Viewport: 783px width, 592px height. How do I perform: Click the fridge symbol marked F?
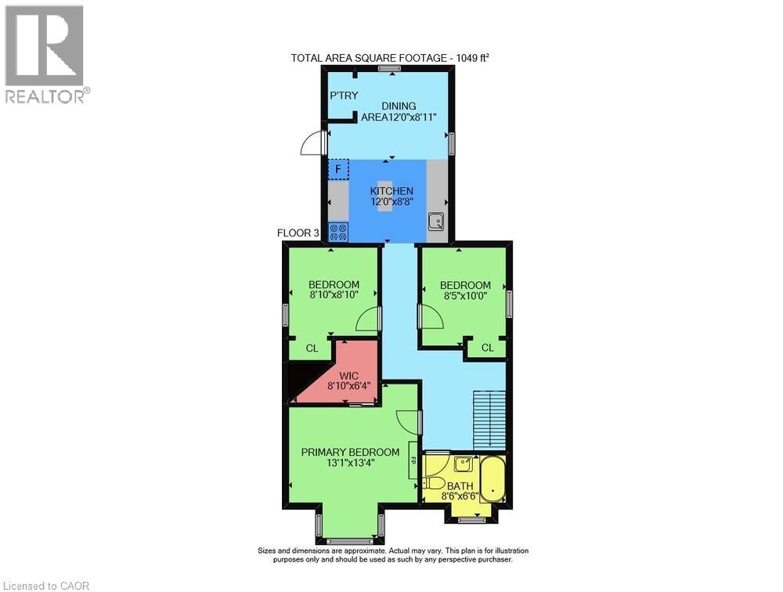(338, 169)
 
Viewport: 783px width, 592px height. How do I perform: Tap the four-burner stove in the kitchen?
(339, 232)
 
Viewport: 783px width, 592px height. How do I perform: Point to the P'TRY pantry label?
(343, 96)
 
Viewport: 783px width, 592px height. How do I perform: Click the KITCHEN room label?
(391, 191)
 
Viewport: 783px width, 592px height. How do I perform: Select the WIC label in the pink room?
(349, 376)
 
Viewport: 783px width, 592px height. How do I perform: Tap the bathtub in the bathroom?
(493, 479)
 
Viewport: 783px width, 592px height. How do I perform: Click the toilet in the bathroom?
(436, 483)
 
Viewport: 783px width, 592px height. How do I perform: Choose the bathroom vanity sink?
(464, 464)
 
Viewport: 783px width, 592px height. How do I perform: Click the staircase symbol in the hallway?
(489, 419)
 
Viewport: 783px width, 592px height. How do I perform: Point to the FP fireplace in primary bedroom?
(412, 467)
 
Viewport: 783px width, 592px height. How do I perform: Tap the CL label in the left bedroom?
(312, 348)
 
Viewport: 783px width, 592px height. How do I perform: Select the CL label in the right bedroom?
(488, 347)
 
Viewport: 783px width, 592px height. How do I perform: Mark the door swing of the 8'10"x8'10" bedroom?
(368, 318)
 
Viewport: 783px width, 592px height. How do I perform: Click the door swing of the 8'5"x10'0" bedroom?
(431, 317)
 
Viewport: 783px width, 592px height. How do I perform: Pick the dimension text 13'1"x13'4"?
(350, 463)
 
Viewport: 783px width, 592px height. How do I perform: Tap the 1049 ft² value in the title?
(468, 58)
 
